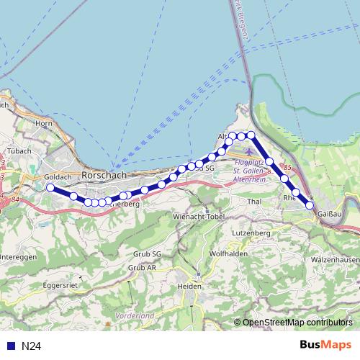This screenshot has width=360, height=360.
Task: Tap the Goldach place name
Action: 57,176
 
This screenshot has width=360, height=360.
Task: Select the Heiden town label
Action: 189,286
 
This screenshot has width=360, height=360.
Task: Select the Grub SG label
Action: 148,254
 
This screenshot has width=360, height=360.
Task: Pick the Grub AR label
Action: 142,267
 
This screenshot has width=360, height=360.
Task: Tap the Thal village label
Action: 254,202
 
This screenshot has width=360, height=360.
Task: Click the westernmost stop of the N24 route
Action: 50,188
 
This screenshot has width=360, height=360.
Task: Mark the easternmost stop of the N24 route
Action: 310,205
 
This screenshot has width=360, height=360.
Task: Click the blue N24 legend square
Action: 11,346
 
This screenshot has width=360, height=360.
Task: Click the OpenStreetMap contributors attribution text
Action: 297,323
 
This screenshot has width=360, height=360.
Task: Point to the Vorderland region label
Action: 135,315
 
